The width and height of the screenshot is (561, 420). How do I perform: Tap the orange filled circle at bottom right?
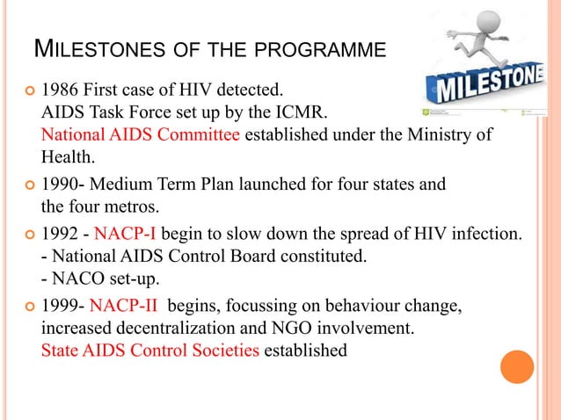517,366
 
